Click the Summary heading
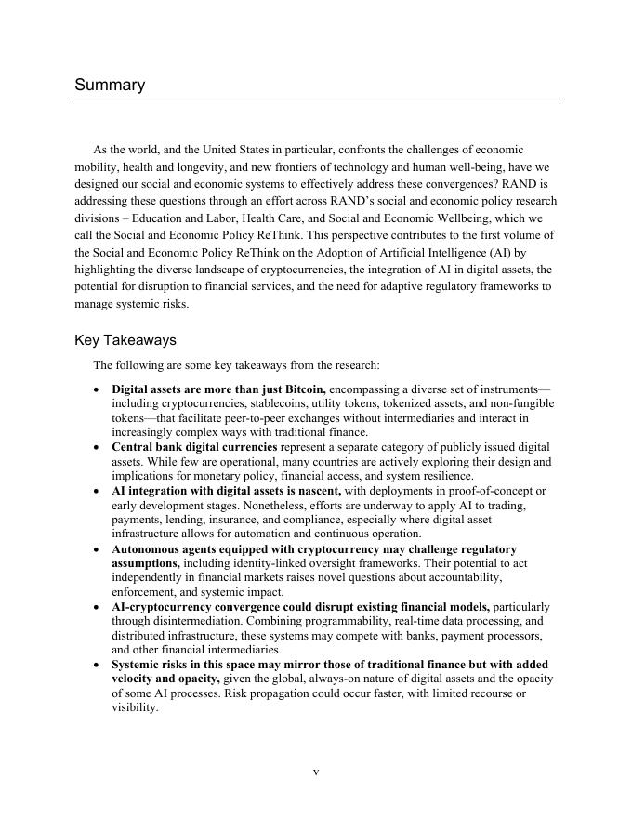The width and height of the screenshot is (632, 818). pos(110,86)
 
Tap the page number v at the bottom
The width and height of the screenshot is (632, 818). pos(316,772)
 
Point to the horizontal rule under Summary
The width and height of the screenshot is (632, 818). pos(316,99)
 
